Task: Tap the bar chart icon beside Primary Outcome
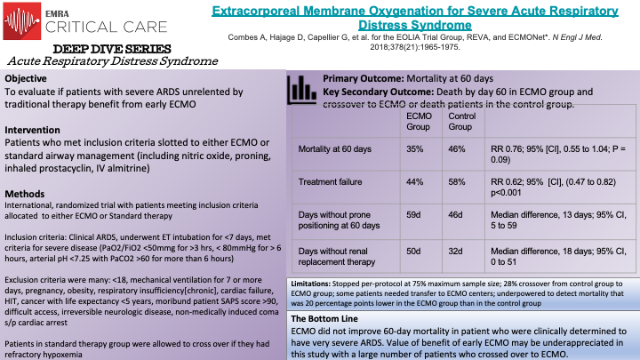click(301, 90)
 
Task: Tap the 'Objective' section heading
click(27, 78)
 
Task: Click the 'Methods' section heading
click(26, 194)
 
